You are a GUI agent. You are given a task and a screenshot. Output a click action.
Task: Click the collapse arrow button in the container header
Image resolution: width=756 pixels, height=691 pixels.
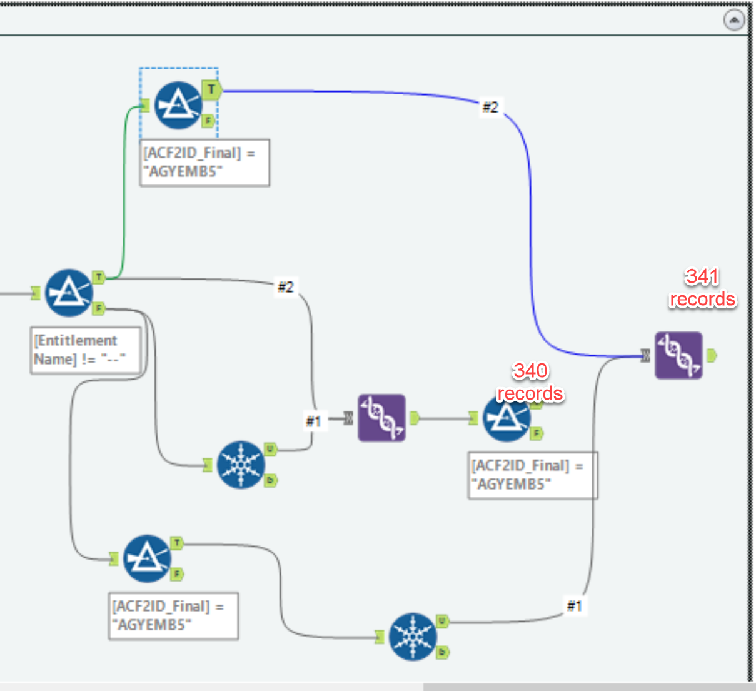(x=734, y=21)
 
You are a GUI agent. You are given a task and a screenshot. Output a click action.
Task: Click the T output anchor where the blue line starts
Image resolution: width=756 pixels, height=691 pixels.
(x=211, y=90)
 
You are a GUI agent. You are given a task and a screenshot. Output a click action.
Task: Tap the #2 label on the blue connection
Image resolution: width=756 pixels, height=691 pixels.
(x=490, y=108)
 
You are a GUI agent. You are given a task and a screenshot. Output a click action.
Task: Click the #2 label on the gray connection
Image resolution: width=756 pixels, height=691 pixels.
(x=285, y=287)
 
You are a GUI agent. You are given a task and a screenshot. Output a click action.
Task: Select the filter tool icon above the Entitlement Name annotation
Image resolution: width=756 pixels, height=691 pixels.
(x=69, y=293)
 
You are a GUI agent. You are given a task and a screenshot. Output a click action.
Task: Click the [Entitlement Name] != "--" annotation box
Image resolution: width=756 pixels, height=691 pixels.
(x=86, y=350)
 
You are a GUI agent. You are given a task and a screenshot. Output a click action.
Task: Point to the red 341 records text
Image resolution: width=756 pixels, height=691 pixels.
(x=702, y=288)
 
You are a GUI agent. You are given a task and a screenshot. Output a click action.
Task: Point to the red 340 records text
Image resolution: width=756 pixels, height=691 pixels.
(x=530, y=382)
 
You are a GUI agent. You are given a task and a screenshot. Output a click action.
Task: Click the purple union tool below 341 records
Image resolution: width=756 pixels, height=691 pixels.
(x=678, y=355)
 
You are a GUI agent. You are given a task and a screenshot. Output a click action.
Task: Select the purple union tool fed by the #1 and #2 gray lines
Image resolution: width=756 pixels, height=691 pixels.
(x=381, y=418)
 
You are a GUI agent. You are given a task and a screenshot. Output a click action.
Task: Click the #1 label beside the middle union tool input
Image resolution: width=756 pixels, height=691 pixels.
(x=313, y=421)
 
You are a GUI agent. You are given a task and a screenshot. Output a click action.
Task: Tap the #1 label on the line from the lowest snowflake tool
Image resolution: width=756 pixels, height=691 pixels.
(x=574, y=605)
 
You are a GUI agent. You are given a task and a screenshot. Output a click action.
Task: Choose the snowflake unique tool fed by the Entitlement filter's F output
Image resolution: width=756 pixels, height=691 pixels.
(x=241, y=465)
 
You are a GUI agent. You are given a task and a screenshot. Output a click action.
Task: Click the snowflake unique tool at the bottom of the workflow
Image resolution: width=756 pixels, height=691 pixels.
(x=412, y=637)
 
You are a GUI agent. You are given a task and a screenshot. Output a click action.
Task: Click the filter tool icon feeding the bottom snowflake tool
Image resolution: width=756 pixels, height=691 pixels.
(x=147, y=558)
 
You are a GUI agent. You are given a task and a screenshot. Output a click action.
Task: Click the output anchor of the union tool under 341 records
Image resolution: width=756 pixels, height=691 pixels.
(x=711, y=356)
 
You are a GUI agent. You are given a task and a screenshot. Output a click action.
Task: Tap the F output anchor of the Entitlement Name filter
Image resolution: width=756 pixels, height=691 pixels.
(x=99, y=308)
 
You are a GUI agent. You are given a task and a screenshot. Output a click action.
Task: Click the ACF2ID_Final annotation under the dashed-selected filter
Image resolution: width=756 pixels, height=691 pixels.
(x=204, y=163)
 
